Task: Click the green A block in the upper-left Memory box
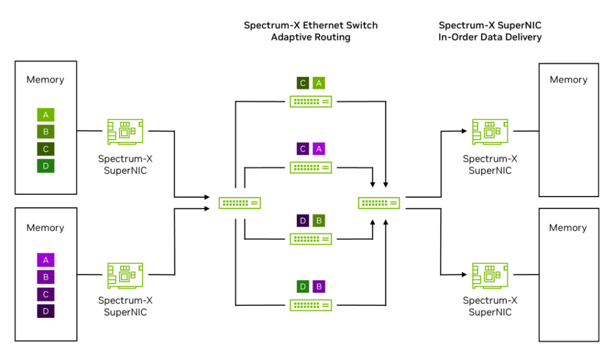coord(46,114)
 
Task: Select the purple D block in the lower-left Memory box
coord(46,311)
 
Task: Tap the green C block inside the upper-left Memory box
coord(46,148)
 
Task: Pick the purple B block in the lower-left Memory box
coord(46,277)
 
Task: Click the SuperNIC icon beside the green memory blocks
coord(125,132)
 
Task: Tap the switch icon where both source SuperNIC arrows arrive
coord(240,203)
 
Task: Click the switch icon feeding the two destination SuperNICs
coord(380,203)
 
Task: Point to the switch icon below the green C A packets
coord(311,102)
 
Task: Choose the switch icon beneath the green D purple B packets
coord(311,305)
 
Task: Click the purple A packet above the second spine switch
coord(319,148)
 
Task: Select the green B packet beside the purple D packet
coord(319,221)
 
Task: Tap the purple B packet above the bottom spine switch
coord(319,287)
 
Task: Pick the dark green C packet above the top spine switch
coord(303,83)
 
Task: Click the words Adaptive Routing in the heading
coord(311,37)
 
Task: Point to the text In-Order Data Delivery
coord(490,37)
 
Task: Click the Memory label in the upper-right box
coord(568,79)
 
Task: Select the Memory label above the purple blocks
coord(45,228)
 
